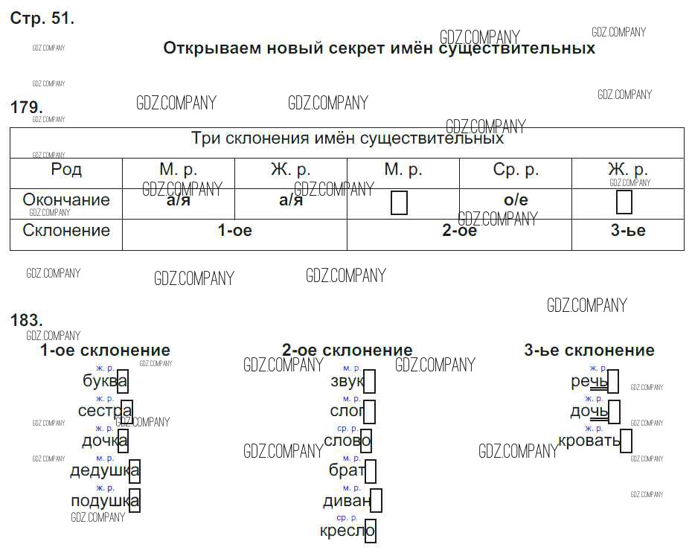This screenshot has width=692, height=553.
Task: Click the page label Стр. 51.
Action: point(42,18)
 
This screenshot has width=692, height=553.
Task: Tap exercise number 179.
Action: point(27,107)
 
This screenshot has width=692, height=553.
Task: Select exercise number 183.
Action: point(27,320)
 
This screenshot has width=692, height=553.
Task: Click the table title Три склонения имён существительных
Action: point(347,138)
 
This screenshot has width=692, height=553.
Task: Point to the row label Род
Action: point(66,169)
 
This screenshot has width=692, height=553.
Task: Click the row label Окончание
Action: point(66,199)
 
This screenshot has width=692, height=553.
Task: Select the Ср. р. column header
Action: point(516,170)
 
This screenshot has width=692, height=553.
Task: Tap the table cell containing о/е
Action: point(516,200)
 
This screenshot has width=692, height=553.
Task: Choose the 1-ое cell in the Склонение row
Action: point(235,230)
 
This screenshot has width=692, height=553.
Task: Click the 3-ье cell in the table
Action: point(628,230)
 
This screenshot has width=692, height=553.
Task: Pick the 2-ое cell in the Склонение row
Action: point(459,230)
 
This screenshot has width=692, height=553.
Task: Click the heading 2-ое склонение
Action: point(347,350)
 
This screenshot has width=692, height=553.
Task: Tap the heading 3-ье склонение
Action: point(589,350)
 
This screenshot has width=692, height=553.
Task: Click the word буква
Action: point(105,380)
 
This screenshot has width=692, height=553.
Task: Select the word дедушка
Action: point(105,470)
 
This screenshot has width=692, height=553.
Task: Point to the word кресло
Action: point(347,531)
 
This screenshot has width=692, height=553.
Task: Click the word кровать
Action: point(589,441)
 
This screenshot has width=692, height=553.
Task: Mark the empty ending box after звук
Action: point(369,381)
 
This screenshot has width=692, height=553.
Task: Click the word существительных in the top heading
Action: point(517,48)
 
